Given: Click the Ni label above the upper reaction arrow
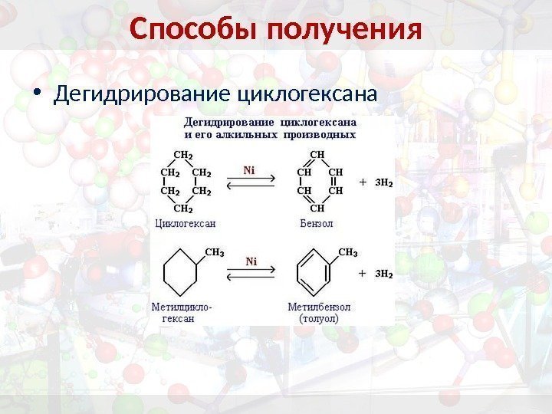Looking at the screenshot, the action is click(250, 170).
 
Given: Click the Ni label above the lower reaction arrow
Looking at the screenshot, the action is click(251, 261).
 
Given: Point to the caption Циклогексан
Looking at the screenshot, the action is click(185, 224).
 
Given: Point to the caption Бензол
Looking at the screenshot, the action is click(316, 224).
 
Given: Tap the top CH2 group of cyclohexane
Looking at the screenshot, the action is click(184, 154).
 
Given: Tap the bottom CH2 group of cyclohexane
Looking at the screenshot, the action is click(184, 208).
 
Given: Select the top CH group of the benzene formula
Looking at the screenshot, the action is click(317, 154).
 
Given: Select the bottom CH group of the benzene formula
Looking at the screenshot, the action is click(317, 208).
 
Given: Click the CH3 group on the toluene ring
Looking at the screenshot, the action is click(348, 252).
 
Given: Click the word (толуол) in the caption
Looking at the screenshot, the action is click(320, 317).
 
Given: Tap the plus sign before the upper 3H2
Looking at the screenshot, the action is click(363, 183).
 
